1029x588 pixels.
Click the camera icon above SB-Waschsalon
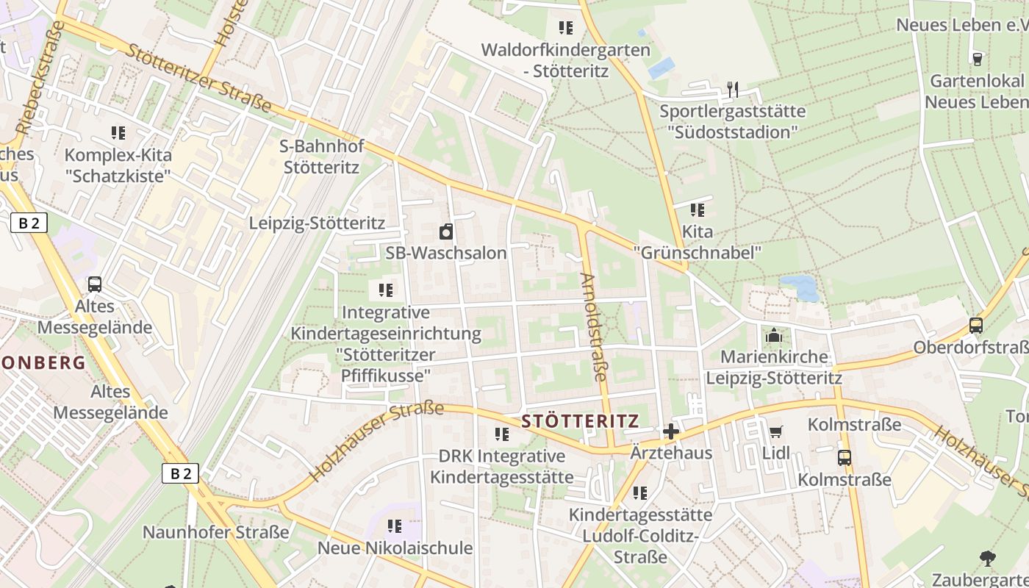point(445,233)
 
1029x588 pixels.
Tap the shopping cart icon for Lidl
point(775,431)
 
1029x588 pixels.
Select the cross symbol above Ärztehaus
point(671,431)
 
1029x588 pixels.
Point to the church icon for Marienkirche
point(773,336)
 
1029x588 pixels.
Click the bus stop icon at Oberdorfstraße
point(975,325)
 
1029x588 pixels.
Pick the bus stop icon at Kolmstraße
point(845,458)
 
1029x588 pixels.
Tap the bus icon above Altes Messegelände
point(95,284)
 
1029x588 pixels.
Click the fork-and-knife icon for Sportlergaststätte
point(732,90)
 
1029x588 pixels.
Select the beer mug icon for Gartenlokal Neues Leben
point(977,59)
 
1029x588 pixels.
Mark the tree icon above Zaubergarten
point(988,559)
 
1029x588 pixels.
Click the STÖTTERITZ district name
point(580,421)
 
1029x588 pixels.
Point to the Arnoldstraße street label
point(594,326)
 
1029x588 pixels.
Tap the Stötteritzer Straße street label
point(198,77)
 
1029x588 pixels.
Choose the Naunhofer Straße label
point(216,532)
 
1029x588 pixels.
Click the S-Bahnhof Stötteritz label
point(322,157)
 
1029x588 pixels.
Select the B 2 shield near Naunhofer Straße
point(180,474)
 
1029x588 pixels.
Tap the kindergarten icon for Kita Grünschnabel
point(698,210)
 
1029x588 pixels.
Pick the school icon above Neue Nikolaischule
point(395,526)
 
